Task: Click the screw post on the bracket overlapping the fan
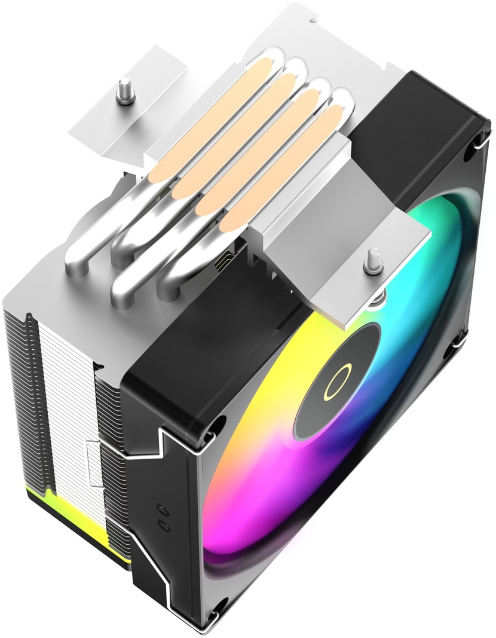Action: click(x=374, y=259)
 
